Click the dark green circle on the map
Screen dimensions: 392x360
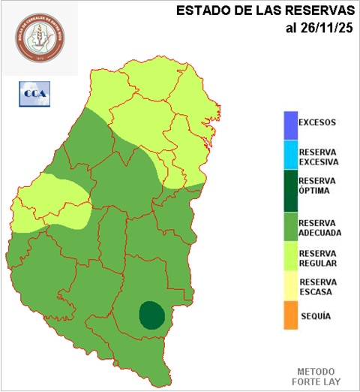click(x=152, y=315)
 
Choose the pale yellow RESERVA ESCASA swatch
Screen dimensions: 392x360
click(x=290, y=288)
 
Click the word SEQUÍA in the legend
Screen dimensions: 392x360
click(x=315, y=316)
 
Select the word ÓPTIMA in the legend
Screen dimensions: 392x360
click(x=315, y=191)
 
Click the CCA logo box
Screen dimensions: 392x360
click(x=34, y=94)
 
